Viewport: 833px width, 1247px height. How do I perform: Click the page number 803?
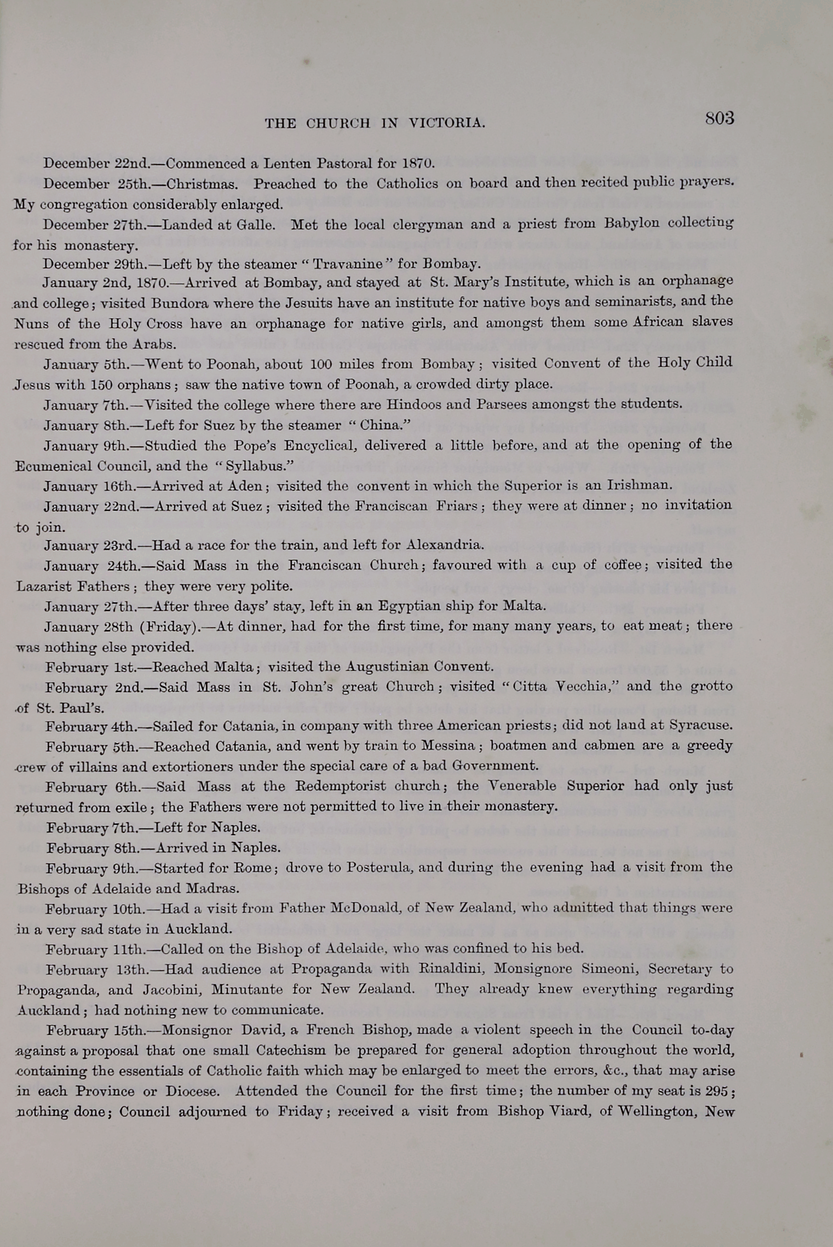click(719, 118)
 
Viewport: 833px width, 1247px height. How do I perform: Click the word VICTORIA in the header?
click(446, 123)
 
